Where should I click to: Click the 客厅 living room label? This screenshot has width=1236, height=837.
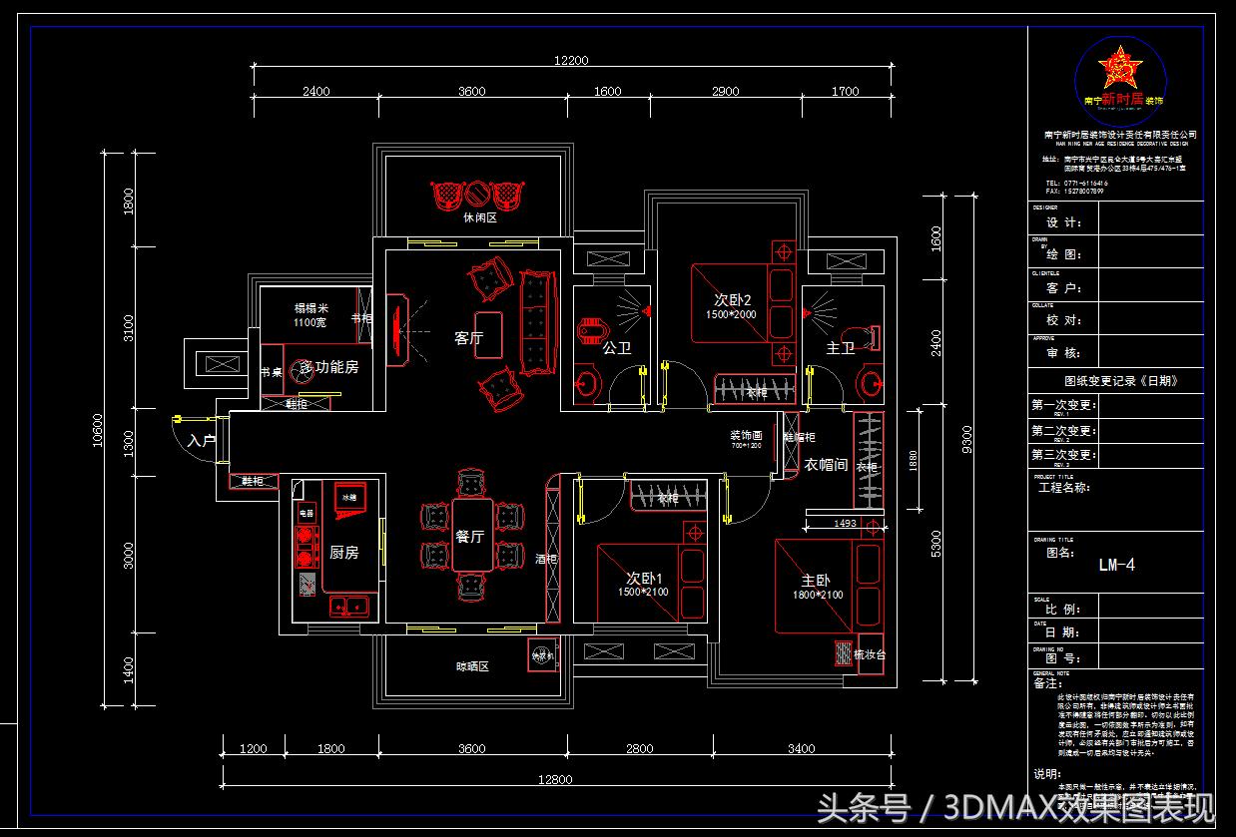pos(468,338)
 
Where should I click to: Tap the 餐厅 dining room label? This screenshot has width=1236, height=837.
pos(469,536)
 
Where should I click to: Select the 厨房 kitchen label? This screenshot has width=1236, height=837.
pos(343,552)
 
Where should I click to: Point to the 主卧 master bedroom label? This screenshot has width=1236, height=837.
pos(816,580)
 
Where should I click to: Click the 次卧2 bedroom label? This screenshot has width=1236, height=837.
pos(732,299)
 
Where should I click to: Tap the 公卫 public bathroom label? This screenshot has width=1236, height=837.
pos(616,347)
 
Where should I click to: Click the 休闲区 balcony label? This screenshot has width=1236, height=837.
pos(479,217)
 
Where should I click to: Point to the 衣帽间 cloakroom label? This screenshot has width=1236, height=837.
pos(826,465)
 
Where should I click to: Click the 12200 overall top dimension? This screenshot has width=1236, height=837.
pos(571,60)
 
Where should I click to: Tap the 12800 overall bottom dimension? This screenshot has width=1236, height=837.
pos(554,779)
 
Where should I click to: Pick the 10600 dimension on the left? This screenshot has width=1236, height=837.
pos(98,430)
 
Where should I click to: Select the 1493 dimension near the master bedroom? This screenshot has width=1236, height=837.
pos(844,523)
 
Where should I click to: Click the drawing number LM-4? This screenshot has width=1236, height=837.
pos(1116,565)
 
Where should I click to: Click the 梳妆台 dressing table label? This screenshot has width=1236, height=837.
pos(869,654)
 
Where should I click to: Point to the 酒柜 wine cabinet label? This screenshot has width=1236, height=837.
pos(545,559)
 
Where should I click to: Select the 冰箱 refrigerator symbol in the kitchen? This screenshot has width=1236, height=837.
pos(349,497)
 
